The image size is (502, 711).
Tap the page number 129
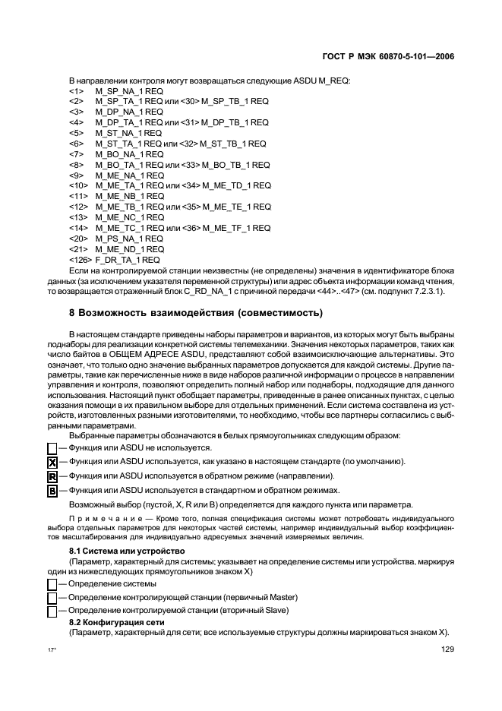447,649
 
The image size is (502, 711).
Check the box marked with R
52,477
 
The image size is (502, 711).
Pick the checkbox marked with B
52,491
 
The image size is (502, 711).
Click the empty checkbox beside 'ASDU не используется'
52,449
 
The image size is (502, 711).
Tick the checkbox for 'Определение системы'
52,584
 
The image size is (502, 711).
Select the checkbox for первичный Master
52,598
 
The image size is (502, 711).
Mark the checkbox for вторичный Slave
52,611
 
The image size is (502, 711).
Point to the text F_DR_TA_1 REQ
128,260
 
